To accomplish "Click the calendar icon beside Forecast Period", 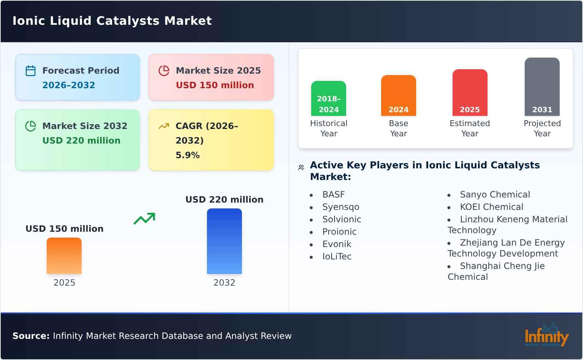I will click(31, 71).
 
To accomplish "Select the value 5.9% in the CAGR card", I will click(187, 155).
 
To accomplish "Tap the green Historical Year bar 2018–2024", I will click(328, 98).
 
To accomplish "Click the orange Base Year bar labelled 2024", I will click(398, 95).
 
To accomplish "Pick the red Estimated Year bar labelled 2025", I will click(470, 93).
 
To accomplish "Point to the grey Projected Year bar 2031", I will click(542, 87).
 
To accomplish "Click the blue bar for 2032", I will click(224, 241).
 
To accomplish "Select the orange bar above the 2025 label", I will click(64, 256).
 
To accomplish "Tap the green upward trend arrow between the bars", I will click(144, 219).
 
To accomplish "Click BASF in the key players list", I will click(333, 195).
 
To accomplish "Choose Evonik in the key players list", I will click(337, 244).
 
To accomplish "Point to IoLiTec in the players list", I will click(337, 257).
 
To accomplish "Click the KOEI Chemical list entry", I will click(491, 207).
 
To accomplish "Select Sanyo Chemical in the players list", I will click(494, 195).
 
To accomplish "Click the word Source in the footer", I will click(31, 336).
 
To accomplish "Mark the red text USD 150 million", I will click(215, 85).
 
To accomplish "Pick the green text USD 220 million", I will click(81, 141).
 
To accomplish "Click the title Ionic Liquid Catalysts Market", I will click(112, 21).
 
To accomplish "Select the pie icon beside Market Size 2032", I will click(31, 126).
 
